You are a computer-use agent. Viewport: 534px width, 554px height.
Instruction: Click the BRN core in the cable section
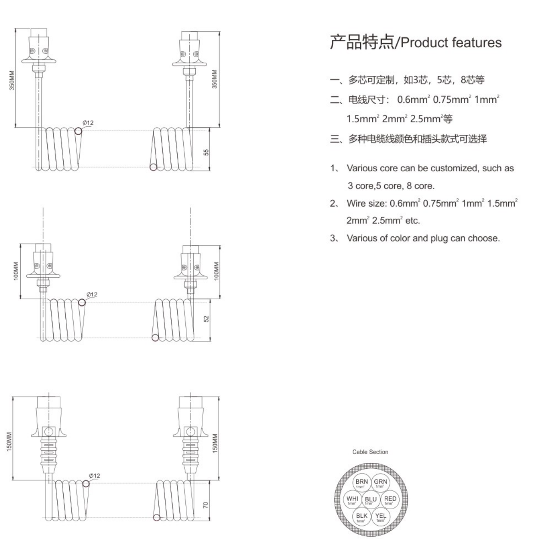coord(361,483)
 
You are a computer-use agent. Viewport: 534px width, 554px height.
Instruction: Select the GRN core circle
coord(380,483)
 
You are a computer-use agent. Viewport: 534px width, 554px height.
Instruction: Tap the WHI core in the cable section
coord(352,500)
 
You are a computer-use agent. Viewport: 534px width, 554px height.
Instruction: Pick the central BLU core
coord(370,500)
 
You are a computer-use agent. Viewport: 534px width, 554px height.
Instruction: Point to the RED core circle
coord(390,500)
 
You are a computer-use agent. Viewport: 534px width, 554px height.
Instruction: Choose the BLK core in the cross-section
coord(361,517)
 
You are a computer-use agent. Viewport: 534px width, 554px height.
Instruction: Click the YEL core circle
coord(380,517)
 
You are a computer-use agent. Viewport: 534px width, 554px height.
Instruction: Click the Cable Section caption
coord(370,452)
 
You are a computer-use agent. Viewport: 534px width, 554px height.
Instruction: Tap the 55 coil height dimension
coord(206,152)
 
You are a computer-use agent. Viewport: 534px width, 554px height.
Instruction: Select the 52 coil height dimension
coord(207,319)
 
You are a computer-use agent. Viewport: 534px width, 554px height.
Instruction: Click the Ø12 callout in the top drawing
coord(88,123)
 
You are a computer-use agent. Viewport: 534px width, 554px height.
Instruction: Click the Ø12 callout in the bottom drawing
coord(95,475)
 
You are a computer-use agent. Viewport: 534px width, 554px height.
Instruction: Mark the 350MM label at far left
coord(12,80)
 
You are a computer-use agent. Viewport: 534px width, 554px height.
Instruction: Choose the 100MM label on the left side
coord(16,271)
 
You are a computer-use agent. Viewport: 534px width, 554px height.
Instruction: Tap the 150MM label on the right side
coord(215,443)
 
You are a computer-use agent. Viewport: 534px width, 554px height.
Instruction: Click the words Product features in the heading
coord(451,43)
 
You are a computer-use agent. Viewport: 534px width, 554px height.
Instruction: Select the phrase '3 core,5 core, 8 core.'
coord(391,186)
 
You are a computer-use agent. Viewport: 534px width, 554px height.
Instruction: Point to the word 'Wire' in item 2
coord(355,203)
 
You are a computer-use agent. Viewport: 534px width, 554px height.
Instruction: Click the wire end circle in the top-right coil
coord(154,167)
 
